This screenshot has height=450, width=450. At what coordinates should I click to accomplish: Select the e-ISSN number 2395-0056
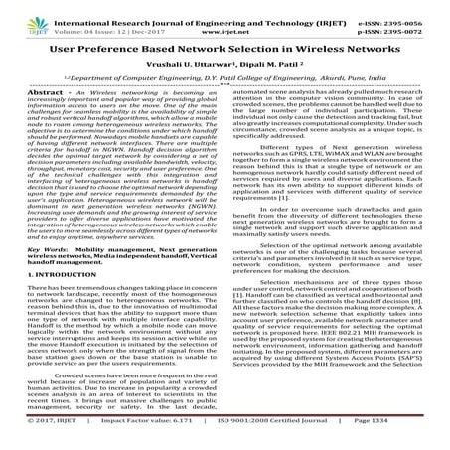(x=422, y=7)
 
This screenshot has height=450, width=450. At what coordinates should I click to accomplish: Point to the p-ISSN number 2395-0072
(x=422, y=18)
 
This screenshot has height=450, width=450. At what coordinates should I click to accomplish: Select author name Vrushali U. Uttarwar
(x=188, y=62)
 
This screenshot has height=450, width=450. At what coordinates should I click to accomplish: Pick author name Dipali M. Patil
(x=264, y=62)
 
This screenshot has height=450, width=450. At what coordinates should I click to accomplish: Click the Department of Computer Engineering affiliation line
(x=225, y=76)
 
